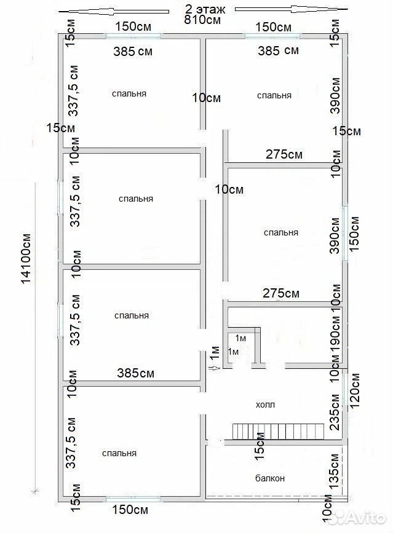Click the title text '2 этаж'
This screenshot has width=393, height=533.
[x=205, y=8]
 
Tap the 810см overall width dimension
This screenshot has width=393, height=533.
[x=202, y=20]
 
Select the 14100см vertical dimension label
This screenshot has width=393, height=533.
[x=26, y=258]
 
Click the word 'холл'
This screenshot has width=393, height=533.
[x=265, y=405]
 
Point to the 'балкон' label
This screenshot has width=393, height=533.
[x=270, y=478]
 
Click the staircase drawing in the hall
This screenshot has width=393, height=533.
[x=278, y=432]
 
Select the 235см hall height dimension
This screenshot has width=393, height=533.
[x=335, y=412]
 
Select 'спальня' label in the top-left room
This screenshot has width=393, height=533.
[x=129, y=93]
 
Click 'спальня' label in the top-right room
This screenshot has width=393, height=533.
[x=274, y=95]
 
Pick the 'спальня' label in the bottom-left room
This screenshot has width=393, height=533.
[x=119, y=453]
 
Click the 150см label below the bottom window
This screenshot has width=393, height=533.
[x=130, y=510]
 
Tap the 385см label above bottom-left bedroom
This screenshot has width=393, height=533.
[x=136, y=373]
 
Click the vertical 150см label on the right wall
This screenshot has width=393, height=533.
[x=355, y=234]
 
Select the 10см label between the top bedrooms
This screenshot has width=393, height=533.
[x=207, y=98]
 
